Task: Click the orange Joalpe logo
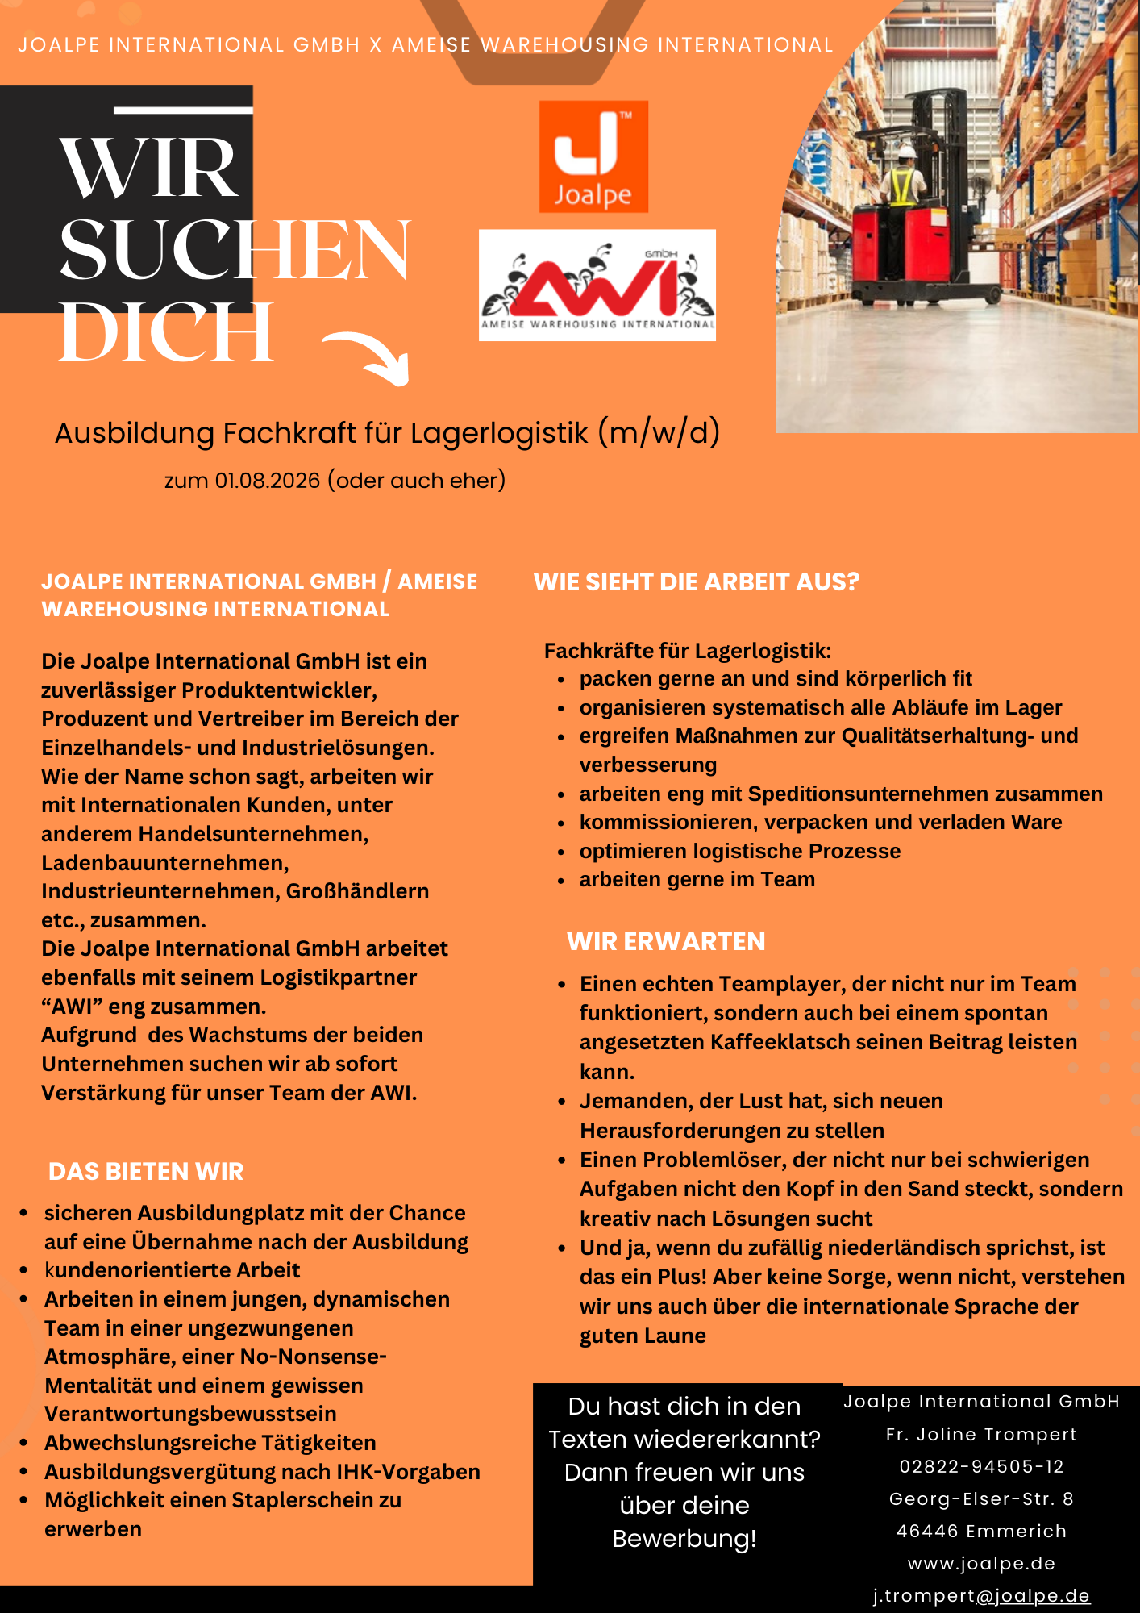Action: (593, 156)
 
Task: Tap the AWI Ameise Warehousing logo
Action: (597, 286)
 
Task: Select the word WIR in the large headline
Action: (149, 168)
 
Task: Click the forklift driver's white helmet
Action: (908, 151)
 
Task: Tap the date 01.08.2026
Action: (268, 481)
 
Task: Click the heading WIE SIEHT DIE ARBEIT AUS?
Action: (697, 581)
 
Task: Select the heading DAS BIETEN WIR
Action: (146, 1171)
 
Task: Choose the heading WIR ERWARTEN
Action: (666, 941)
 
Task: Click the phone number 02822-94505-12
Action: (981, 1466)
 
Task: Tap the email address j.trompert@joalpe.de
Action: (981, 1595)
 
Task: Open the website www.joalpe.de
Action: (981, 1563)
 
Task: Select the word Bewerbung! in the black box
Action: (684, 1538)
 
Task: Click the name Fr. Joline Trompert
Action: (981, 1434)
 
